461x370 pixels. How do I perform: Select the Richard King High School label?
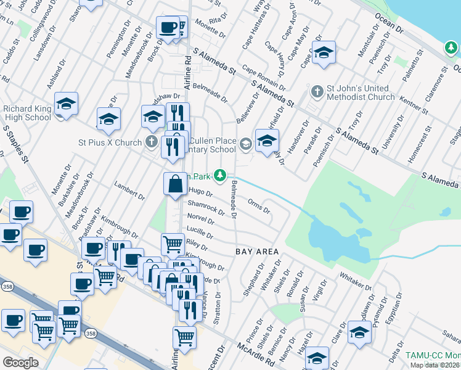[x=27, y=113]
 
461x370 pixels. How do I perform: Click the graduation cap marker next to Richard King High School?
[x=66, y=104]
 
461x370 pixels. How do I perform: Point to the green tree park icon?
[x=219, y=176]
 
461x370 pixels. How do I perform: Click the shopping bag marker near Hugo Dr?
[x=176, y=184]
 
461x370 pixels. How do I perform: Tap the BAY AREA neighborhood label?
[x=258, y=252]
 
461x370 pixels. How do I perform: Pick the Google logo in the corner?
[x=20, y=363]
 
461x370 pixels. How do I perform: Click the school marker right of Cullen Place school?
[x=267, y=140]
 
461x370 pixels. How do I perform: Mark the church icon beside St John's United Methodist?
[x=317, y=91]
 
